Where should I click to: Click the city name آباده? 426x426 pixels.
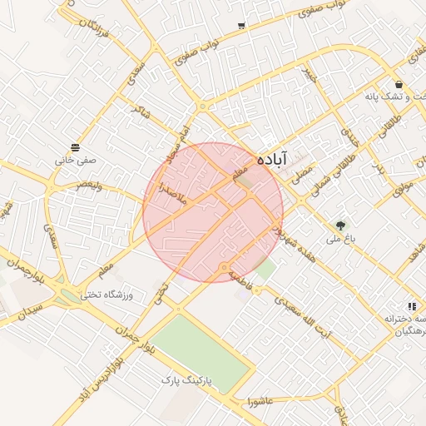(x=272, y=158)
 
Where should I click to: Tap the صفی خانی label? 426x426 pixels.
(x=76, y=160)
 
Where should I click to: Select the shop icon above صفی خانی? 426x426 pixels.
(x=76, y=147)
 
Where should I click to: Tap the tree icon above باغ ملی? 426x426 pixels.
(x=340, y=225)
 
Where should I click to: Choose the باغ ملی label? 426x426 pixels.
(x=340, y=240)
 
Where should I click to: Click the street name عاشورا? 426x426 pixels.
(x=261, y=402)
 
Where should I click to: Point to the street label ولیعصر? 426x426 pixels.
(x=89, y=186)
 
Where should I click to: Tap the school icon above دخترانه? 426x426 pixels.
(x=412, y=306)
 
